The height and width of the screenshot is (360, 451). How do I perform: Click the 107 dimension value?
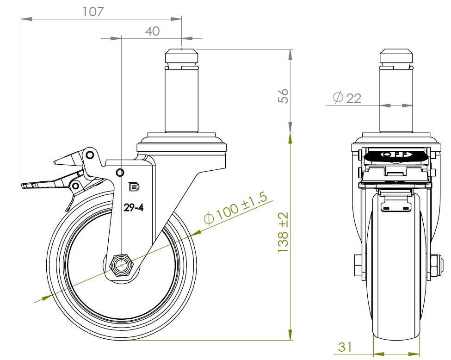click(93, 12)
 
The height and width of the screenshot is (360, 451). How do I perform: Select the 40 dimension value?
click(152, 31)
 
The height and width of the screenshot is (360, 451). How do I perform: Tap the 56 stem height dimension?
click(283, 96)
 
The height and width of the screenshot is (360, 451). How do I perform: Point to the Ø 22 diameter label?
click(347, 98)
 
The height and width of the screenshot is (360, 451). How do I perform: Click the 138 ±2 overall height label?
click(283, 232)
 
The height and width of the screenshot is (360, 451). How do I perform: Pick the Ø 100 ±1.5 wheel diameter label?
click(235, 207)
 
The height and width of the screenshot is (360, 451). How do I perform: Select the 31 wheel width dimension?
click(345, 347)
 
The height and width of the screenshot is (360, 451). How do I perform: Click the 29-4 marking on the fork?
click(134, 207)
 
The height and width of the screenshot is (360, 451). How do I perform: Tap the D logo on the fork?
click(134, 187)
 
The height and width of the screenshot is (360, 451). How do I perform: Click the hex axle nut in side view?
click(122, 265)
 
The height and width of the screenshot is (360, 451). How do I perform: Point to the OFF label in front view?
click(396, 155)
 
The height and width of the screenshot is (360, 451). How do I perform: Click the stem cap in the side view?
click(181, 56)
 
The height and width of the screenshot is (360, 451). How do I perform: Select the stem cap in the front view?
click(396, 56)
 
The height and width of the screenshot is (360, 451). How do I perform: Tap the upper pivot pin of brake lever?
click(90, 155)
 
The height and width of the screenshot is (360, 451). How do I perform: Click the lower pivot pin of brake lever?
click(76, 186)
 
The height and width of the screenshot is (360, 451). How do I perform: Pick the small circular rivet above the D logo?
click(120, 173)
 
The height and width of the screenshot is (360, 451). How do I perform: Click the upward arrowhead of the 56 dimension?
click(290, 55)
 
